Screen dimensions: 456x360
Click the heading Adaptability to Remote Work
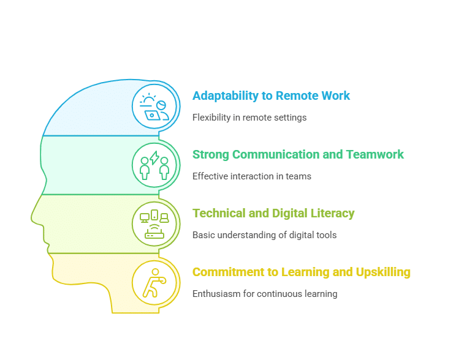click(x=271, y=96)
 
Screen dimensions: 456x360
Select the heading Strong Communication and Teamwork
click(x=298, y=154)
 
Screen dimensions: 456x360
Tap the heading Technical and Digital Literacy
click(x=273, y=213)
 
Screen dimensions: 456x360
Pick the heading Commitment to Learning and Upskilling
click(x=302, y=272)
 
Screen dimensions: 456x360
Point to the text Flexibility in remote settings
click(x=249, y=118)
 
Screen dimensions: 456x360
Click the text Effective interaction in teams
click(x=252, y=176)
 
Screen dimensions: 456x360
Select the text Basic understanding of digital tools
click(x=264, y=234)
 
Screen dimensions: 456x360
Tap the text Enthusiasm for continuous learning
click(x=265, y=294)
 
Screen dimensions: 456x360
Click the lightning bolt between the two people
click(x=154, y=157)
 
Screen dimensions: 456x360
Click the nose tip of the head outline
click(x=32, y=217)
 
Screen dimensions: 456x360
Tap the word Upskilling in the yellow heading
click(x=383, y=272)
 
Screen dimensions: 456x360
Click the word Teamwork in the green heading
click(x=375, y=154)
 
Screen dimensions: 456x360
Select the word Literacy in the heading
click(x=332, y=213)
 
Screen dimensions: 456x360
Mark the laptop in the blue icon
click(x=153, y=115)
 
